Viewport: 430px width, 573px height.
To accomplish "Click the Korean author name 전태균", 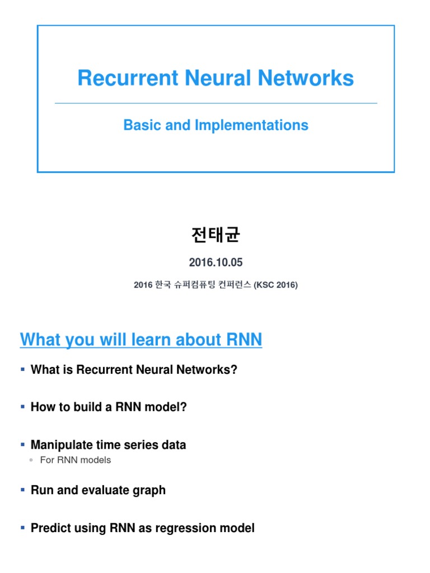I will point(216,234).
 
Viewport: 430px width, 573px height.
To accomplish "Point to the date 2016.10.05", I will point(216,262).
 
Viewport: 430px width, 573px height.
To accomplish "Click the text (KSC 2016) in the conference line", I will point(275,285).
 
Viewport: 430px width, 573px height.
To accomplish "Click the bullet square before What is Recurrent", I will point(22,369).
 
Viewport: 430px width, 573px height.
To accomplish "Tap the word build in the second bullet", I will point(88,407).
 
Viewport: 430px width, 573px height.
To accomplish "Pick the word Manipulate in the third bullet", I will point(61,445).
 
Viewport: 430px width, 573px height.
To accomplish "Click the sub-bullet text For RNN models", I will point(76,460).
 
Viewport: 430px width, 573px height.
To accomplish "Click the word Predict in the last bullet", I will point(49,528).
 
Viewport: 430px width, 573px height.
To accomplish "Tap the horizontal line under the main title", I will point(216,103).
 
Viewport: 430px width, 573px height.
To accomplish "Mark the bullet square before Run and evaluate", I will point(22,490).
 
